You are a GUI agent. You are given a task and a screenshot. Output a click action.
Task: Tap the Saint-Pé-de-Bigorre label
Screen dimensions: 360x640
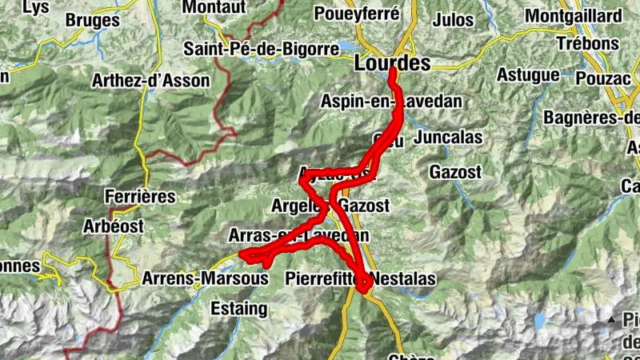point(262,48)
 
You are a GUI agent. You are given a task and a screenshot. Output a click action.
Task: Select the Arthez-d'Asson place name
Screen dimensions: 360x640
point(150,80)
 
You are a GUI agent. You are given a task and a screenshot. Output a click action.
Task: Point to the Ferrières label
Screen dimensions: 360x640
point(140,195)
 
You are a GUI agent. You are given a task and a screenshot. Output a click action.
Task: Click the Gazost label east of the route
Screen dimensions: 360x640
point(455,171)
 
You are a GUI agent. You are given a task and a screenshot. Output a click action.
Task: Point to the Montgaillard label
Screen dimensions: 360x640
point(573,16)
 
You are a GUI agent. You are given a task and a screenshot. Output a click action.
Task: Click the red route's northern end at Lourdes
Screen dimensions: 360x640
point(393,74)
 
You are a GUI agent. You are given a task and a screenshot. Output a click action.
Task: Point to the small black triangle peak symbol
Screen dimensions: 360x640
point(612,320)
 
